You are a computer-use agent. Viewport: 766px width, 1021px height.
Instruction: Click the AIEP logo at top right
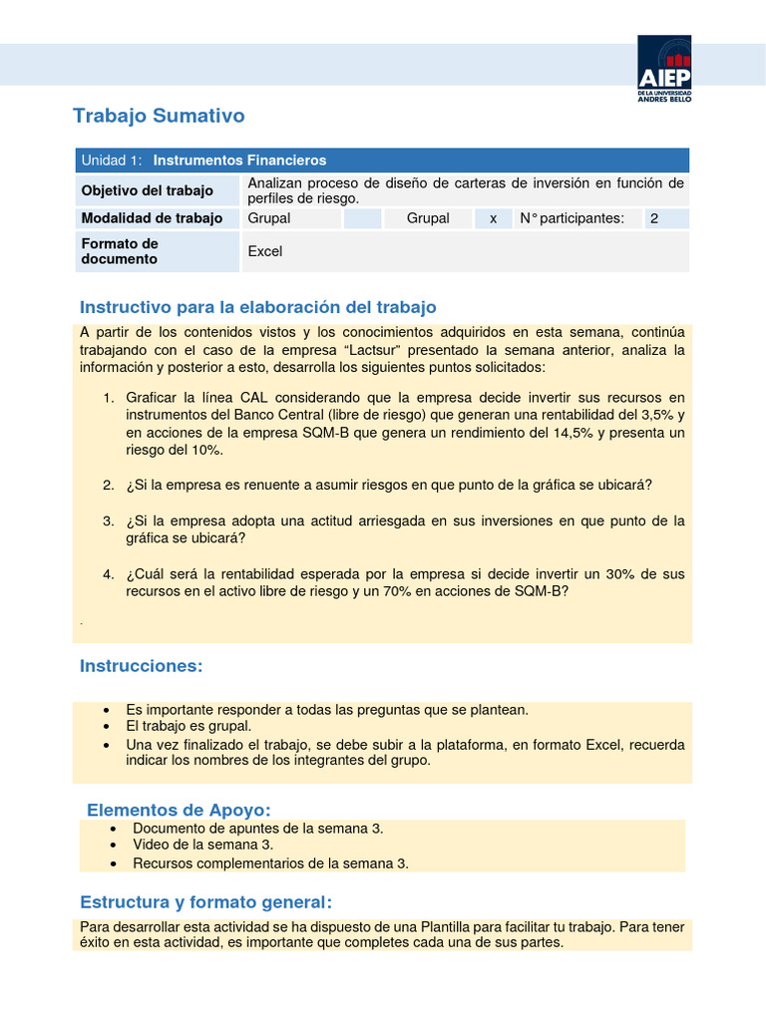(x=664, y=68)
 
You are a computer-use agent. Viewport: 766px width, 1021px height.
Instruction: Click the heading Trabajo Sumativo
(x=159, y=116)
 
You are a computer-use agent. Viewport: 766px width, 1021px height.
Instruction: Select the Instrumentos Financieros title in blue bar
(x=239, y=160)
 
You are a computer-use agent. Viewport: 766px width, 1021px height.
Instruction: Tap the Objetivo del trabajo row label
(x=148, y=190)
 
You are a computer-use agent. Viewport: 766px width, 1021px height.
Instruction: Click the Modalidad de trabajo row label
(x=152, y=218)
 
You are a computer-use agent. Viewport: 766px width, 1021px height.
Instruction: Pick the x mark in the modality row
(x=493, y=218)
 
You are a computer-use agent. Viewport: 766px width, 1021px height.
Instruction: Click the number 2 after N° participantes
(x=654, y=218)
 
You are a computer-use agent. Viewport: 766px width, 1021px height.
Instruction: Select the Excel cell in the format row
(x=265, y=251)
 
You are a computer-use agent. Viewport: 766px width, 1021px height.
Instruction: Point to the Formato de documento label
(x=120, y=251)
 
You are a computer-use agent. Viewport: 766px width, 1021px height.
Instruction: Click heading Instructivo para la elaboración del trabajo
(x=257, y=307)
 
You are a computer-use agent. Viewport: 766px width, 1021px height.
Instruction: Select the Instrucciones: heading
(x=141, y=665)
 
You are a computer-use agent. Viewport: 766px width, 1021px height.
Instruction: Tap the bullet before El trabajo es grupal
(x=107, y=727)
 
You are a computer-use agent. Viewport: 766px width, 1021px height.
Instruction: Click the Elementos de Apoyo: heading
(x=179, y=809)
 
